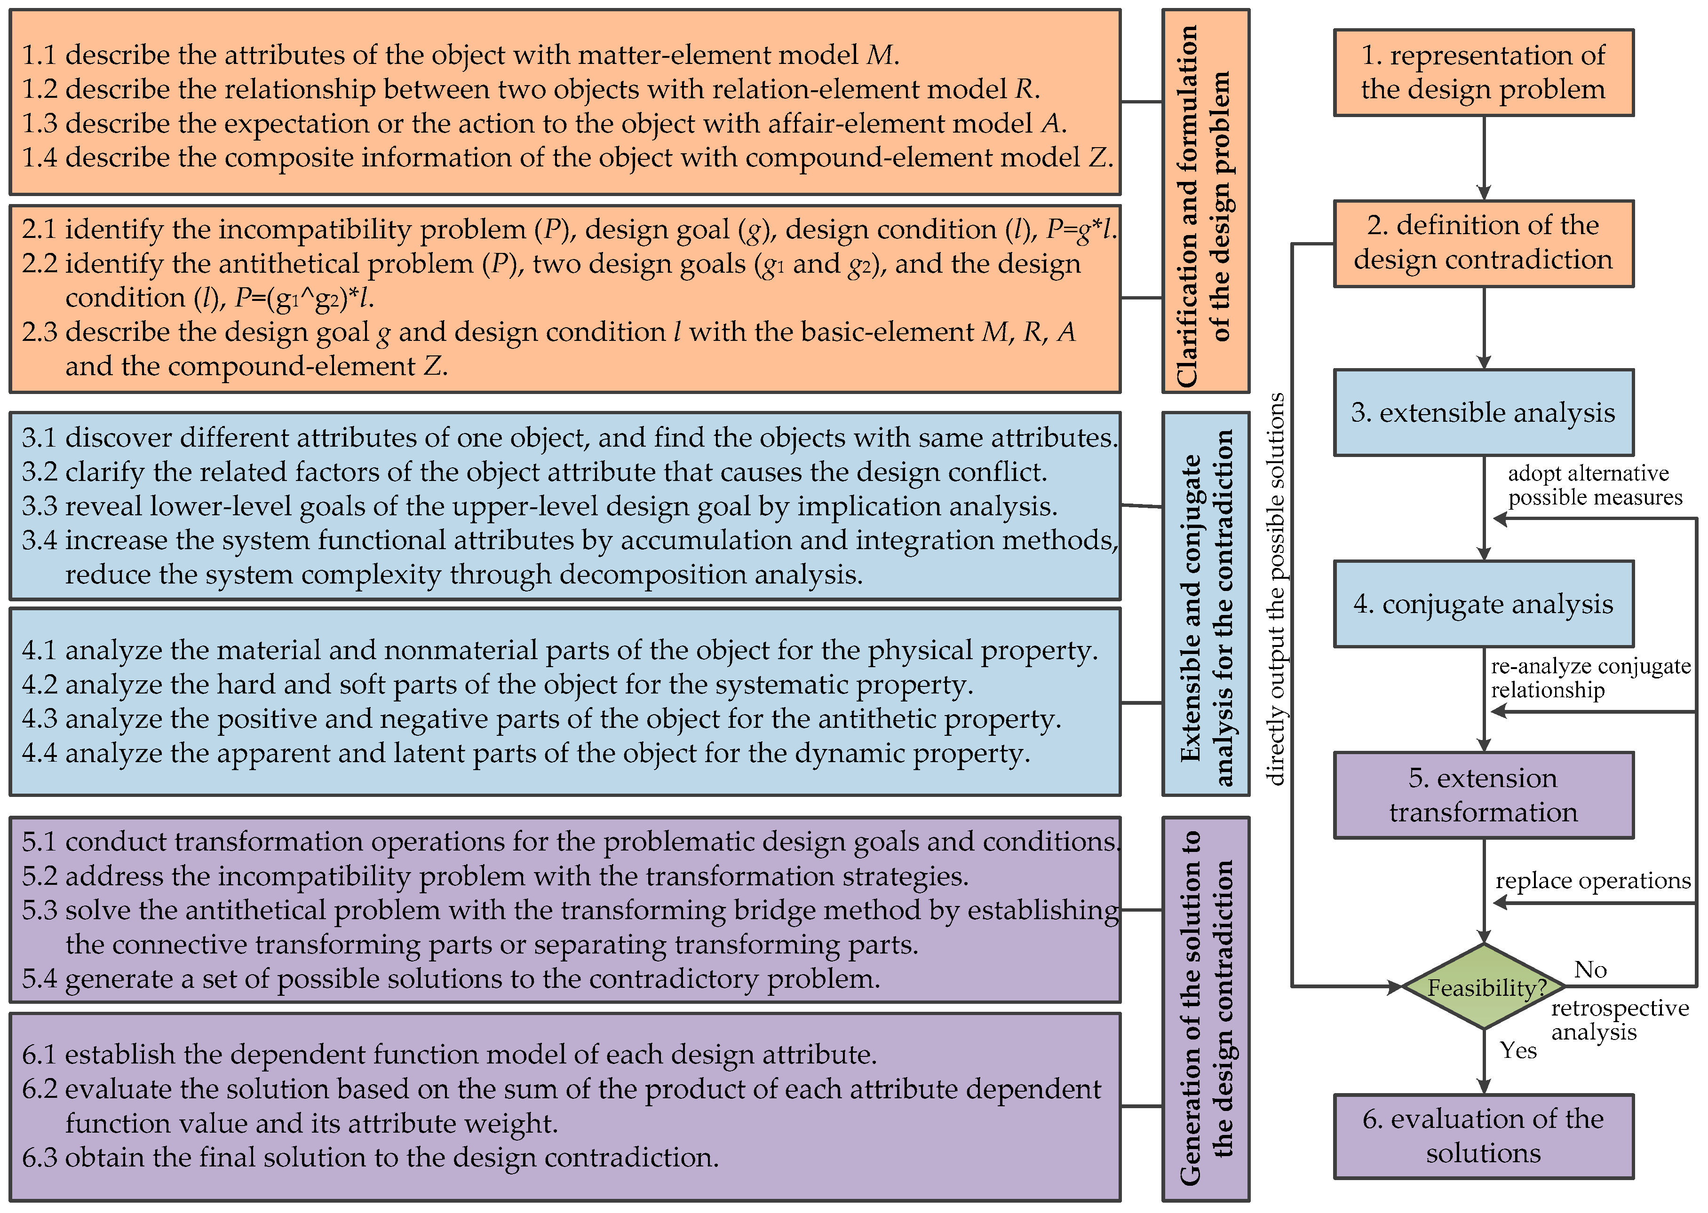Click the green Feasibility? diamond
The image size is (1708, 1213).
coord(1483,987)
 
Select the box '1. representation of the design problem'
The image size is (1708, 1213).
coord(1483,72)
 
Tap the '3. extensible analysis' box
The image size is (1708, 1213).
coord(1483,412)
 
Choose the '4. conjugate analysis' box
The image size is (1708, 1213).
coord(1483,604)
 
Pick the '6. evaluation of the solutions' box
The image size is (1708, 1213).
coord(1483,1136)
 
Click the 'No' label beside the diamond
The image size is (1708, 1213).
coord(1590,969)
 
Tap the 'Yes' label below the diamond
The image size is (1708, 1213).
coord(1518,1050)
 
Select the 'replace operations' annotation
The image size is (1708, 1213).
coord(1592,881)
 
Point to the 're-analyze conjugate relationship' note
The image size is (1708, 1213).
coord(1590,677)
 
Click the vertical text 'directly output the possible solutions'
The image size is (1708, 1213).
coord(1276,589)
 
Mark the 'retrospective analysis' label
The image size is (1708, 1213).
coord(1619,1020)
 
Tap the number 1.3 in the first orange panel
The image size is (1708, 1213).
coord(39,123)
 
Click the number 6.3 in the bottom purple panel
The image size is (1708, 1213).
coord(39,1158)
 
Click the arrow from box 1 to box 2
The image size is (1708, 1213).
coord(1484,158)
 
